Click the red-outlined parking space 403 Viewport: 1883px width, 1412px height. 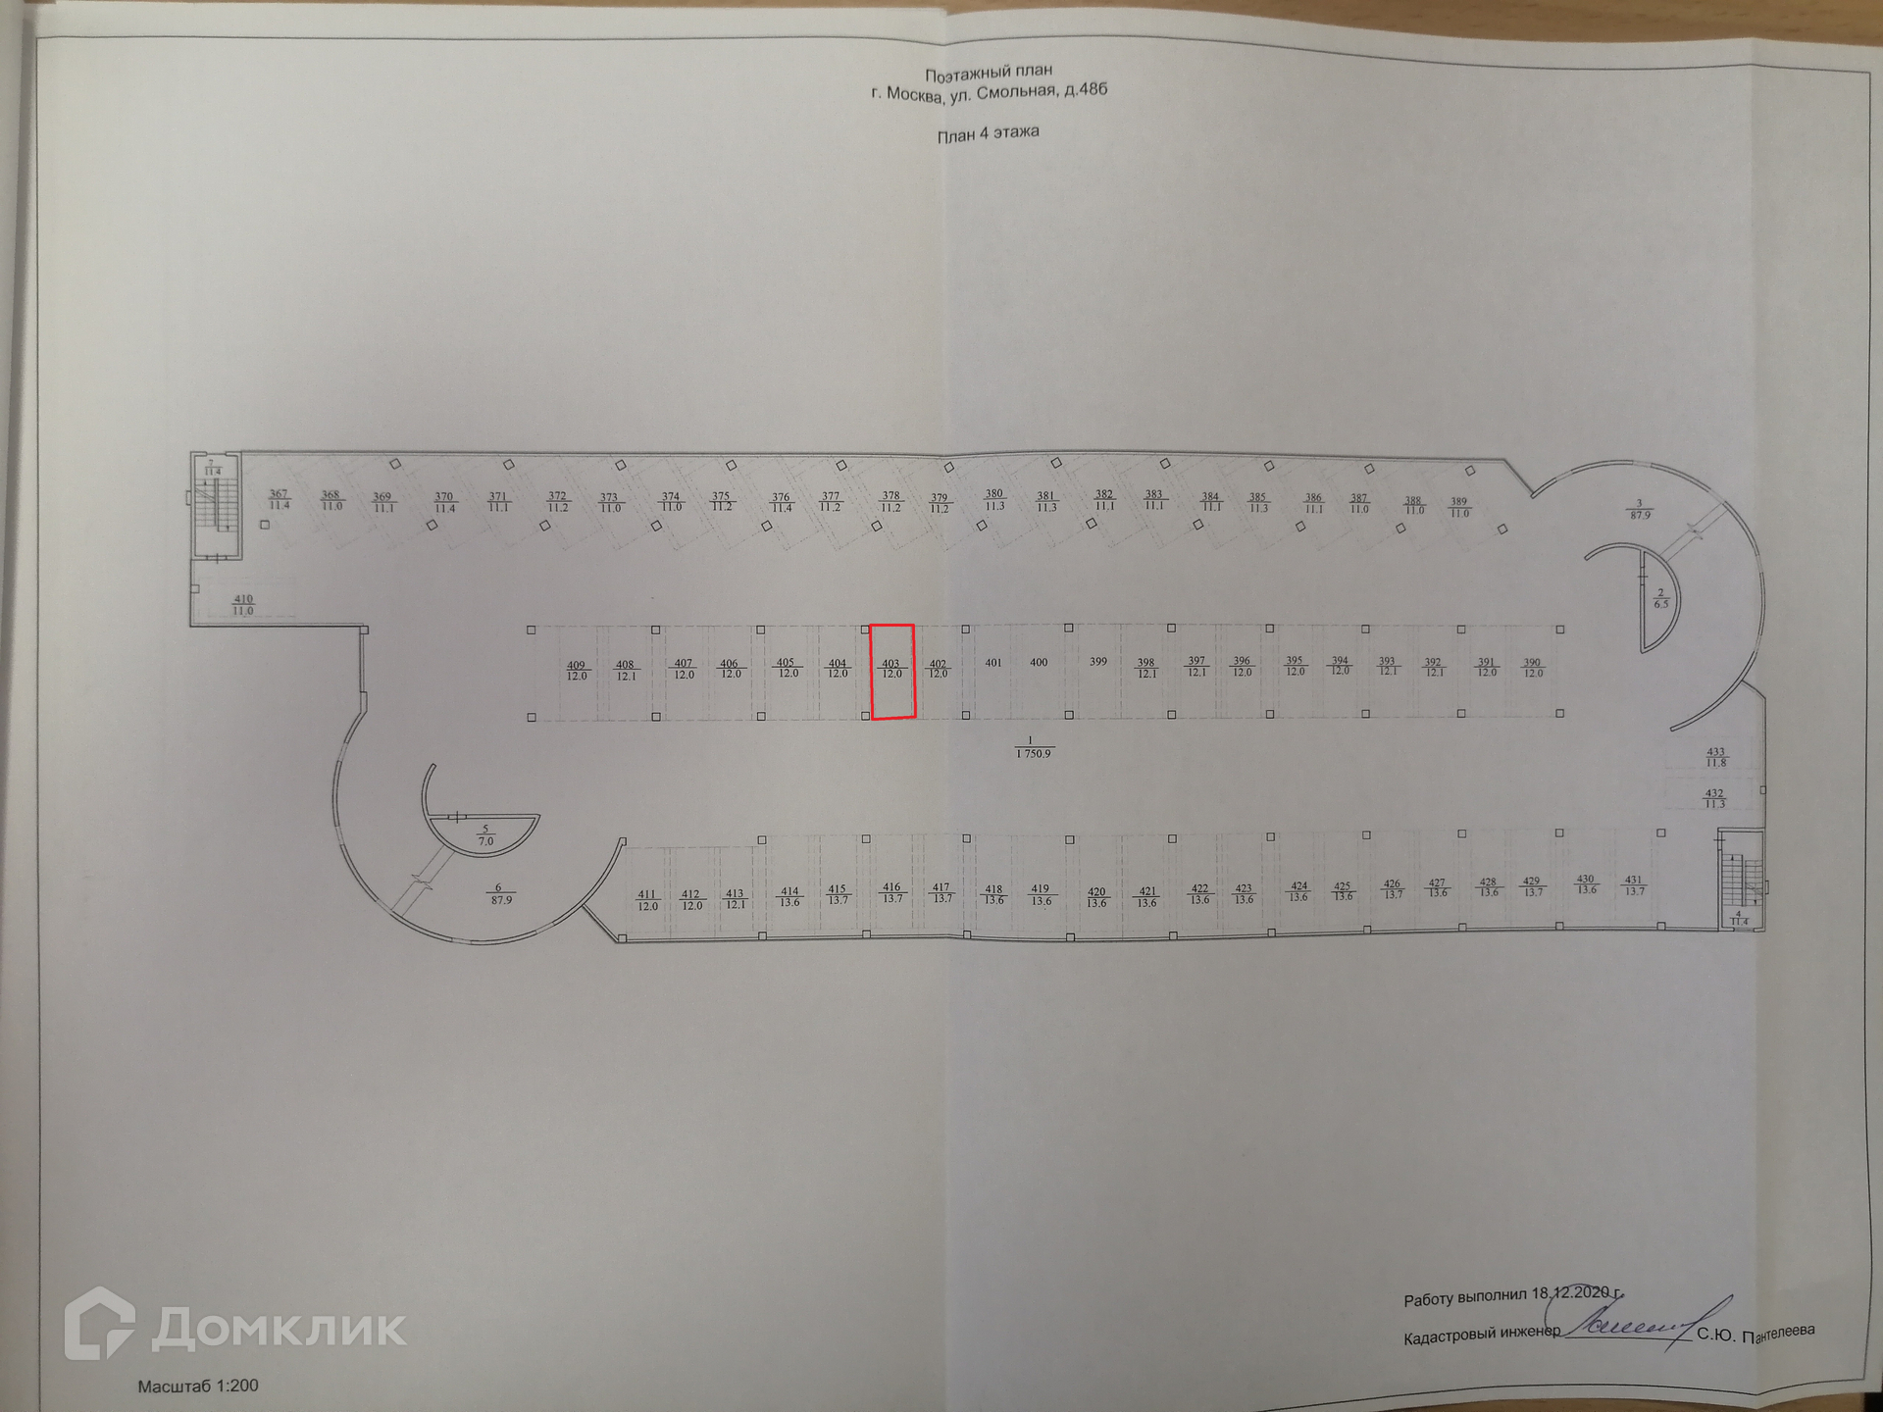click(892, 672)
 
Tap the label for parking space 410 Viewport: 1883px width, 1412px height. click(242, 605)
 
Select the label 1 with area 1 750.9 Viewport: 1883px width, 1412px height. click(1033, 747)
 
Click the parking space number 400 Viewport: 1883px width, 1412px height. click(1040, 663)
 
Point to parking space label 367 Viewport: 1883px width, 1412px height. click(280, 500)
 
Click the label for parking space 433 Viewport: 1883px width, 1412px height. click(1715, 757)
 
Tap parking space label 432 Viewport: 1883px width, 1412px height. click(1714, 798)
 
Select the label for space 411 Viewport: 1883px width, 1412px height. click(647, 900)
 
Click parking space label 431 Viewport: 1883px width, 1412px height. click(1634, 885)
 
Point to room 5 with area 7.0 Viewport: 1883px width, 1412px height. click(484, 835)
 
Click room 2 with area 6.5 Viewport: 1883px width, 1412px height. click(1660, 598)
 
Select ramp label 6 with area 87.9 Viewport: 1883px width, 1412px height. click(500, 893)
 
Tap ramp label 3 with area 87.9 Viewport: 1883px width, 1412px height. click(1640, 509)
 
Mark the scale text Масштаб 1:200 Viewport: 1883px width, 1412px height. click(198, 1386)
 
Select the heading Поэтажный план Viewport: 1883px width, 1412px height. click(989, 72)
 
